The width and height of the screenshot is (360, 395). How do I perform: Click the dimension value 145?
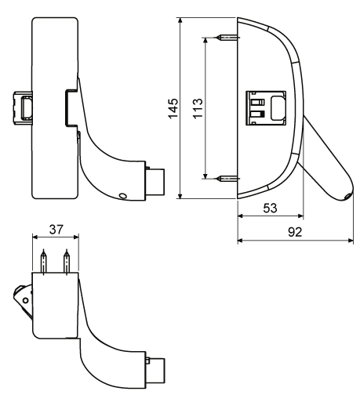click(173, 108)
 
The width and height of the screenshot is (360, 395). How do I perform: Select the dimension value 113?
click(198, 108)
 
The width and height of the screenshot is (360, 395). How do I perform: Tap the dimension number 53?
click(270, 208)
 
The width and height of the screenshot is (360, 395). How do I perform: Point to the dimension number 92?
click(295, 232)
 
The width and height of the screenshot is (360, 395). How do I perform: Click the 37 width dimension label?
click(56, 230)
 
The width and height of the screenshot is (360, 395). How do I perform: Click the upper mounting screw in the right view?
click(227, 38)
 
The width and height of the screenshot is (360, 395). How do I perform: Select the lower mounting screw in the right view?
click(227, 179)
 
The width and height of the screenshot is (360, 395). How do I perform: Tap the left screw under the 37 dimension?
click(44, 262)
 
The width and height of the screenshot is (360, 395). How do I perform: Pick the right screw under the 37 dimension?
click(67, 262)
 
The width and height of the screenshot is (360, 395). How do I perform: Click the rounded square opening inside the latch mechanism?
click(278, 108)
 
